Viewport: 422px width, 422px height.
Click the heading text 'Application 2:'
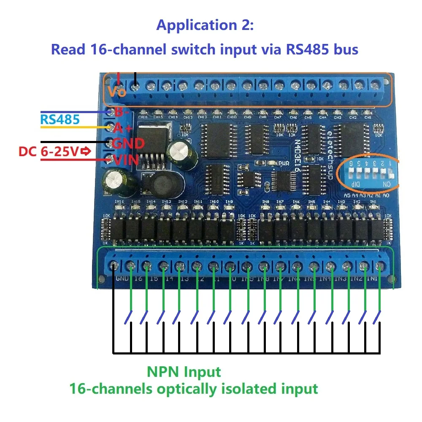coord(205,25)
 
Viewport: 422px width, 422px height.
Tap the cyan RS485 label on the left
coord(60,119)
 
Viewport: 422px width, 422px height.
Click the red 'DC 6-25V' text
coord(48,152)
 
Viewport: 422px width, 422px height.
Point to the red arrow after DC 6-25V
coord(86,152)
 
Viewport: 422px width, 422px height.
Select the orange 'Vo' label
coord(117,91)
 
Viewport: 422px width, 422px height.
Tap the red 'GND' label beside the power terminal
coord(128,143)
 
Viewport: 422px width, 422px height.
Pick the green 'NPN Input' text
coord(184,372)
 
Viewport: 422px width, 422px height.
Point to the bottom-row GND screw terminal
coord(113,266)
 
